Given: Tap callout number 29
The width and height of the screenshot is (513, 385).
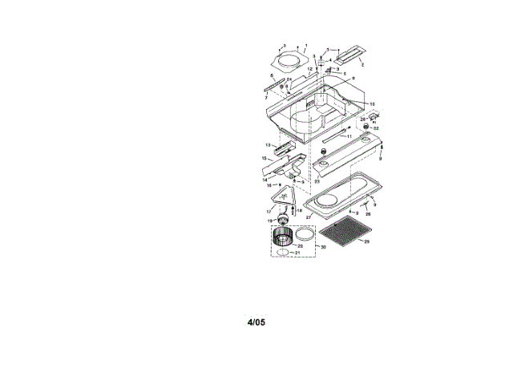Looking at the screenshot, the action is [367, 241].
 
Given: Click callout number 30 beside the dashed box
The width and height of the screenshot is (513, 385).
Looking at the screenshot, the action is [323, 247].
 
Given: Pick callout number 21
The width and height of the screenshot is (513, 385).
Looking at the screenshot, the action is [297, 254].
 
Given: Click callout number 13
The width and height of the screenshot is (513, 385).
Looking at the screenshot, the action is [268, 144].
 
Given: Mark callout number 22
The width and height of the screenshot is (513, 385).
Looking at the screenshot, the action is [376, 128].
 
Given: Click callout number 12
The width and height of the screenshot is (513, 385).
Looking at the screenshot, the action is [309, 70].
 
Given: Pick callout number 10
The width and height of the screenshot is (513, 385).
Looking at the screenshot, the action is [372, 103].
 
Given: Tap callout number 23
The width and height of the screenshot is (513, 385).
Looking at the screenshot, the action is [317, 182].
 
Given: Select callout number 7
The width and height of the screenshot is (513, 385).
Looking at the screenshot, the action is [266, 96].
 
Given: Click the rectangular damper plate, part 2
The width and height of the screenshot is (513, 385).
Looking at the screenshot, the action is [349, 56].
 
